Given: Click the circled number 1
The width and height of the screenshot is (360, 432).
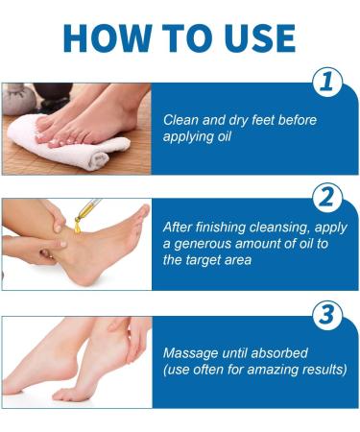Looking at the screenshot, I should [329, 84].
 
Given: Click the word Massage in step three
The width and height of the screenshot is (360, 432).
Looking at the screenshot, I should [189, 352].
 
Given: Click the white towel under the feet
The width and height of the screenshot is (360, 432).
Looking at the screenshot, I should [72, 144].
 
